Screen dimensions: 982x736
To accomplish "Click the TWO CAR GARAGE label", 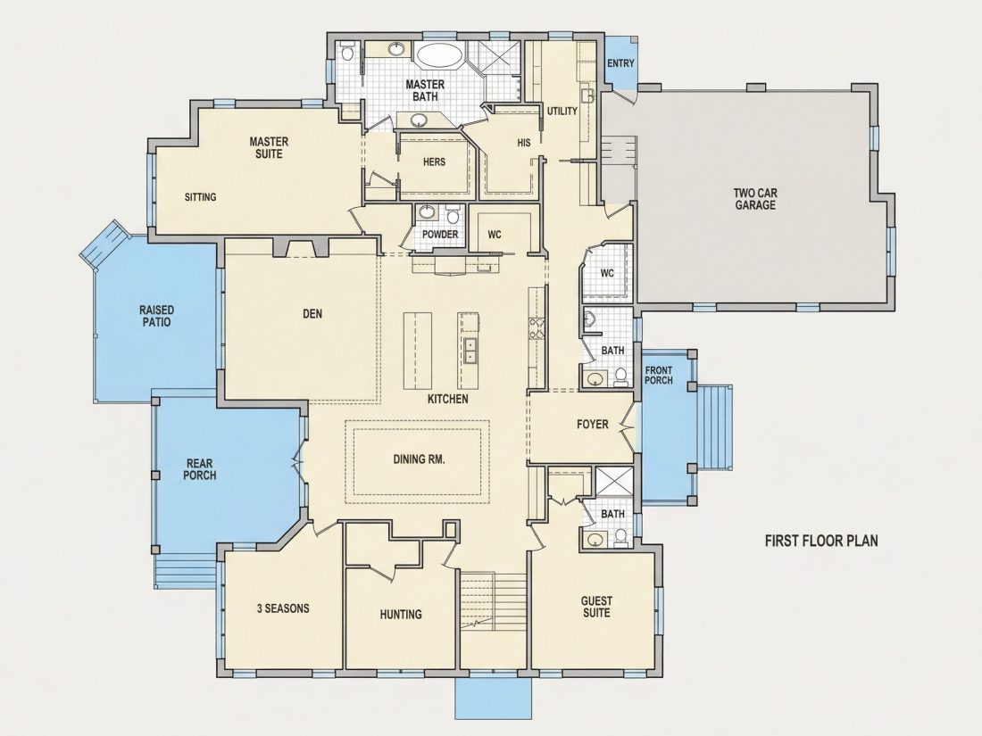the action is tap(754, 199).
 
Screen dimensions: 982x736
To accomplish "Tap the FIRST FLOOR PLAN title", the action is tap(821, 541).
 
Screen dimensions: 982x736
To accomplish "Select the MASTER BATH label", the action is tap(425, 90).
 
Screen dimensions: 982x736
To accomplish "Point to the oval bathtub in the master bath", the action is tap(438, 55).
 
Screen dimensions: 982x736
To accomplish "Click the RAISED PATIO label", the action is tap(156, 316).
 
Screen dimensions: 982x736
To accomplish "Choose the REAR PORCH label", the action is tap(200, 469).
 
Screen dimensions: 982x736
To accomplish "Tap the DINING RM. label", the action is tap(419, 459).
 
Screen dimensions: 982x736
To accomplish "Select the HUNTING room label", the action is tap(401, 615).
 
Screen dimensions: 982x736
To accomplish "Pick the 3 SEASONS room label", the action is tap(283, 608).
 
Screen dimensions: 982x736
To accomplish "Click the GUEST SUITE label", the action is tap(597, 607).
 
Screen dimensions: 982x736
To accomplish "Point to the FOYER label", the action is tap(593, 425).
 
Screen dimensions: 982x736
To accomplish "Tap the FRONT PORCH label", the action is tap(659, 376).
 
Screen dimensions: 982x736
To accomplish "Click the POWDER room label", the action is tap(440, 234).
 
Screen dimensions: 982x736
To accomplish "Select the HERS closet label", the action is tap(434, 162).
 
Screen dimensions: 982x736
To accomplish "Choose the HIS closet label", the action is tap(524, 143).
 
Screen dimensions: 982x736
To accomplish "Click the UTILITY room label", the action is tap(562, 112).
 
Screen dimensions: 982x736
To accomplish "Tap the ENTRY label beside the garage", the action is tap(620, 63).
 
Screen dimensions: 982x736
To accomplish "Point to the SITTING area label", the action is tap(200, 197).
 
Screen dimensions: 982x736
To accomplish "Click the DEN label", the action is tap(312, 313).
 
